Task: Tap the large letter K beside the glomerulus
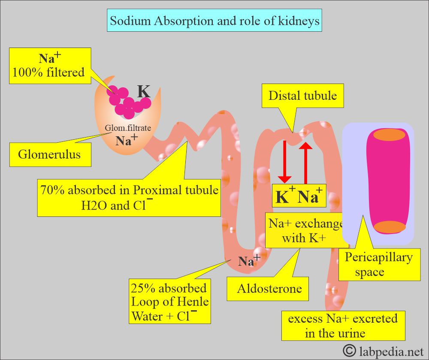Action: pos(143,92)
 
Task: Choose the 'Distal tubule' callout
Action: pos(302,96)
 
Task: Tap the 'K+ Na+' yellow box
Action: pos(299,196)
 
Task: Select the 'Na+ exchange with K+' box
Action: pos(306,230)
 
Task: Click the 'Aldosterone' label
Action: pos(269,288)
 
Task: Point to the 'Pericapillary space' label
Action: pos(379,264)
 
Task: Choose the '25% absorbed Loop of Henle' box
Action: pos(170,302)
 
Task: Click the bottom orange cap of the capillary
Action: pos(389,227)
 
